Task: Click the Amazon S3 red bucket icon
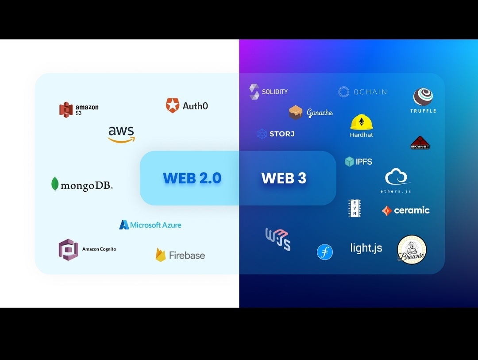click(x=66, y=109)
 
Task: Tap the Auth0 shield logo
click(x=172, y=105)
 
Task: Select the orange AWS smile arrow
click(x=121, y=140)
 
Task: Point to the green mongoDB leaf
click(x=55, y=184)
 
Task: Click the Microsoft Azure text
click(x=156, y=225)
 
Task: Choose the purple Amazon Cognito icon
click(x=68, y=249)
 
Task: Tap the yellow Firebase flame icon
click(x=160, y=255)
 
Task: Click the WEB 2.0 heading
click(x=192, y=178)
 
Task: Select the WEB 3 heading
click(x=284, y=178)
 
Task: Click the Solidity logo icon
click(x=254, y=92)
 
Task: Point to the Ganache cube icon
click(x=295, y=112)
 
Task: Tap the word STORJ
click(x=282, y=134)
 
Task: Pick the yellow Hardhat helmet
click(x=362, y=122)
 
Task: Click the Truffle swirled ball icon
click(x=423, y=97)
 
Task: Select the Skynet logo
click(x=420, y=143)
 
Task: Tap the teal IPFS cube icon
click(x=350, y=162)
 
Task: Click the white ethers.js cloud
click(x=396, y=177)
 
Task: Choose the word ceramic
click(x=412, y=210)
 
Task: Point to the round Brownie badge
click(x=412, y=250)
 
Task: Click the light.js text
click(x=366, y=248)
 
